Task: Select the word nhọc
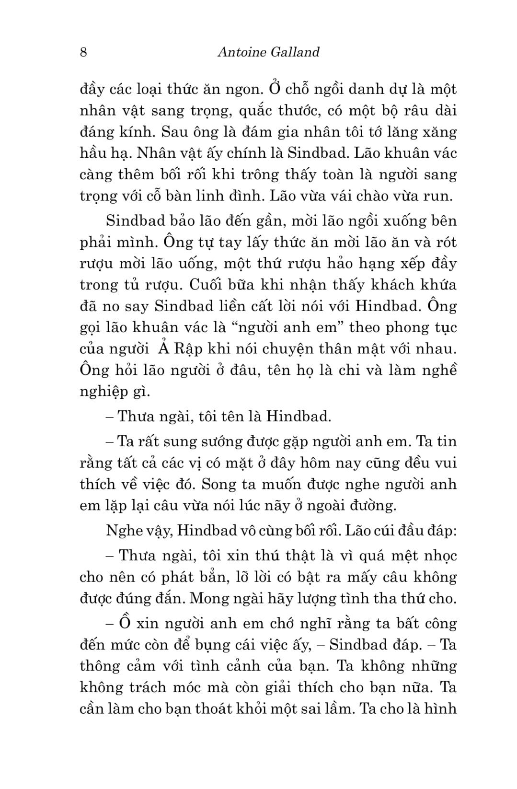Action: coord(436,556)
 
